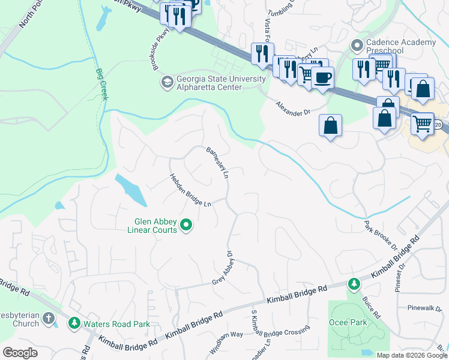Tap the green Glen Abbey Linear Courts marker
tap(186, 226)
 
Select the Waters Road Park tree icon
tap(74, 324)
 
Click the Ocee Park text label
tap(348, 322)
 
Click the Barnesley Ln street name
tap(218, 163)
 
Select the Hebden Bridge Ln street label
tap(191, 190)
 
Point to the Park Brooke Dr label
tap(381, 236)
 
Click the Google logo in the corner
tap(20, 352)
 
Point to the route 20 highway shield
tap(439, 124)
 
